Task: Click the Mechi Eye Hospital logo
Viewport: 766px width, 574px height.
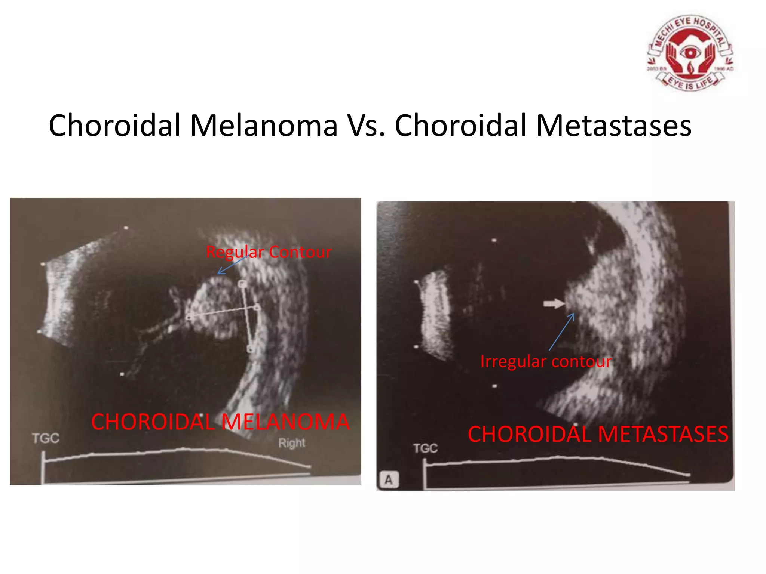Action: (x=690, y=53)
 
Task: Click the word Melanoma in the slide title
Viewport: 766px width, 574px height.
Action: (x=264, y=126)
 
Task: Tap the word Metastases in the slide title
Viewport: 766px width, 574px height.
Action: (x=614, y=126)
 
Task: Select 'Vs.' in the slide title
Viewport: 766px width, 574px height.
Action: (x=366, y=126)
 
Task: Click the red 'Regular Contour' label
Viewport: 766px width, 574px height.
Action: (x=269, y=252)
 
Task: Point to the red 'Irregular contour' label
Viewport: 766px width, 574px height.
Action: (x=546, y=361)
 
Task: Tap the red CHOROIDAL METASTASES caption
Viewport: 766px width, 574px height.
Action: (x=598, y=434)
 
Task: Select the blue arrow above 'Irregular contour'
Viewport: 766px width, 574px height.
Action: (x=561, y=331)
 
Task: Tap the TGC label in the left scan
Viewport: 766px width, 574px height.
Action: (x=46, y=438)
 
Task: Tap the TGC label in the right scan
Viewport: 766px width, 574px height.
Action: (x=425, y=448)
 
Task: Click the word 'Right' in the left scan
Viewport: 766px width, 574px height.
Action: (x=292, y=443)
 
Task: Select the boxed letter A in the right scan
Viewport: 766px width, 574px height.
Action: (x=389, y=479)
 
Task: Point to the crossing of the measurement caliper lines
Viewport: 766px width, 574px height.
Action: (x=245, y=309)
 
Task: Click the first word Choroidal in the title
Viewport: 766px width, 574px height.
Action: (x=115, y=126)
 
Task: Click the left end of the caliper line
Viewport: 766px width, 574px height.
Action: (x=189, y=317)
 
